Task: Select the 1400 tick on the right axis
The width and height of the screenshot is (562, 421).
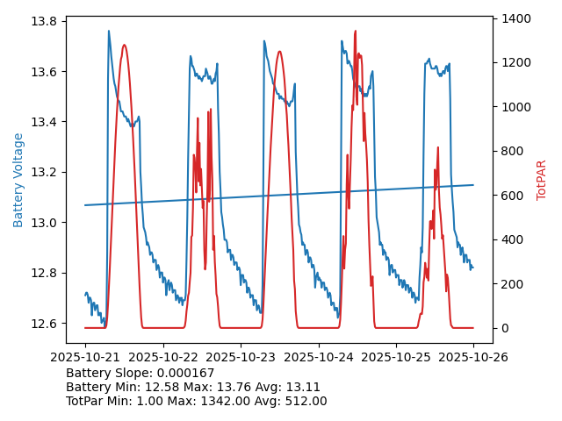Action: (516, 18)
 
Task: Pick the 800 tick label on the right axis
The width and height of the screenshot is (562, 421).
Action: (514, 151)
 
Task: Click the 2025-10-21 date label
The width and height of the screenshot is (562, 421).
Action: (85, 357)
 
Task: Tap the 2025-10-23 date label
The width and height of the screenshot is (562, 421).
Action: (241, 357)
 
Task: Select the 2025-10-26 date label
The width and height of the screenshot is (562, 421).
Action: (473, 357)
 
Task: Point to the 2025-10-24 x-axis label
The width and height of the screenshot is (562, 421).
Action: (318, 357)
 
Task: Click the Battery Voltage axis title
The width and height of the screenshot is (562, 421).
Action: (18, 180)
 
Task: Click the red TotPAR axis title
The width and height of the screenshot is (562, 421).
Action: (542, 180)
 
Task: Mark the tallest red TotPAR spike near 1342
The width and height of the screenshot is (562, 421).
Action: (355, 32)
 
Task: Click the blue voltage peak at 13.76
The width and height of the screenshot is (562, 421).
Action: (109, 32)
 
